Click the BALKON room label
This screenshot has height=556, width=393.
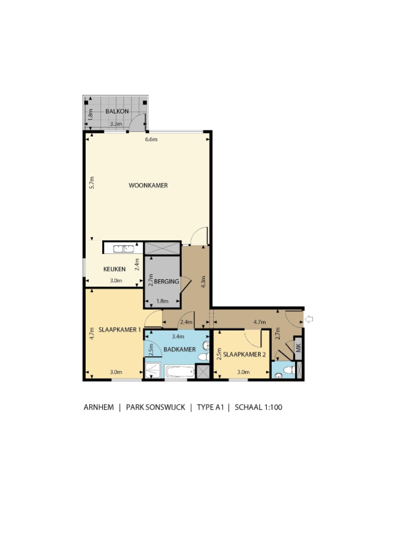pos(117,111)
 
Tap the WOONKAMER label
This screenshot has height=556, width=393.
pos(148,185)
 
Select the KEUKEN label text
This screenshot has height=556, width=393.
pos(114,269)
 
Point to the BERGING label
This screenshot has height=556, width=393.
pos(166,281)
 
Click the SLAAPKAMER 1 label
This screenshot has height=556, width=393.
pos(120,330)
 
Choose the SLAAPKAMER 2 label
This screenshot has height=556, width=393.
pos(244,354)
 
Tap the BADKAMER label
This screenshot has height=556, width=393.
pos(179,350)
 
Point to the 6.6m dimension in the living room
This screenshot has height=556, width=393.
pos(151,139)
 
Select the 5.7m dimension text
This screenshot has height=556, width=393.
pos(92,183)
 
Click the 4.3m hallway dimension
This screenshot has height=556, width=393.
pos(203,282)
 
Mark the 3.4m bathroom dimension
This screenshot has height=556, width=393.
pos(178,337)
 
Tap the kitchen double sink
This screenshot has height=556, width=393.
pos(124,249)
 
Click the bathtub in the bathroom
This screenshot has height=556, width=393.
pos(180,372)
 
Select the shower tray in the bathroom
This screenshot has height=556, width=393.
pos(152,371)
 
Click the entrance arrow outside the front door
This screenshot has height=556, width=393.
pos(309,319)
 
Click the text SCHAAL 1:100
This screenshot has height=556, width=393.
pos(259,407)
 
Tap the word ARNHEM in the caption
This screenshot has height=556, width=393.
pos(99,407)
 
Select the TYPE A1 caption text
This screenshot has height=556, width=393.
pos(210,407)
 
